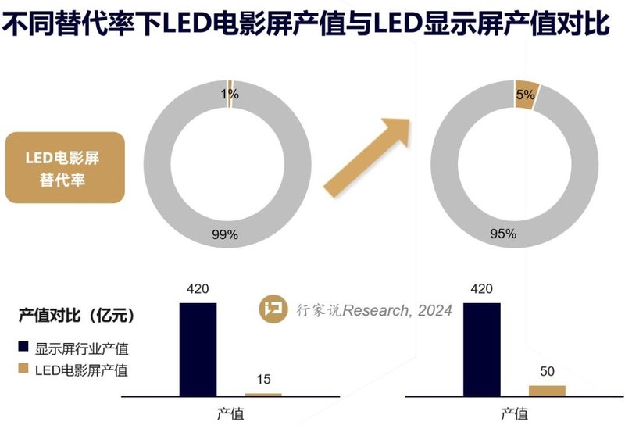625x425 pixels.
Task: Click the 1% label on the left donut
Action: pyautogui.click(x=230, y=95)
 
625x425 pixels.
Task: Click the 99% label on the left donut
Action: pyautogui.click(x=225, y=234)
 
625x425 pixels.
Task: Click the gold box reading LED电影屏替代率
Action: pyautogui.click(x=66, y=168)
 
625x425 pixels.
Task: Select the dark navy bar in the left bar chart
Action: pyautogui.click(x=198, y=349)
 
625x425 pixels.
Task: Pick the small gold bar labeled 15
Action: pyautogui.click(x=262, y=395)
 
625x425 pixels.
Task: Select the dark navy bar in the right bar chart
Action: pyautogui.click(x=481, y=349)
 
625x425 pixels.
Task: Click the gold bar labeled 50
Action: pyautogui.click(x=547, y=391)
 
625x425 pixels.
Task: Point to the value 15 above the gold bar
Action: pyautogui.click(x=263, y=380)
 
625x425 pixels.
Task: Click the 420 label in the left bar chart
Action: pyautogui.click(x=198, y=290)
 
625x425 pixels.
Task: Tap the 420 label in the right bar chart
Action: pyautogui.click(x=481, y=290)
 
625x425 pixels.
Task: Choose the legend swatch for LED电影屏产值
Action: pyautogui.click(x=23, y=370)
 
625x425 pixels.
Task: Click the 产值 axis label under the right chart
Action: pyautogui.click(x=514, y=413)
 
